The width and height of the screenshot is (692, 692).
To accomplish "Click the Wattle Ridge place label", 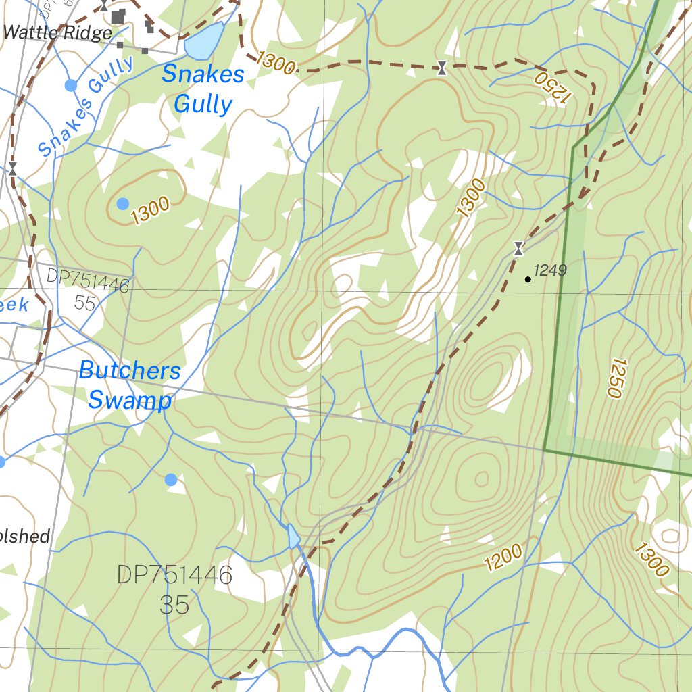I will [57, 32].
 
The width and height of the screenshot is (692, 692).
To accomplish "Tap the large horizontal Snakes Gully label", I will [203, 89].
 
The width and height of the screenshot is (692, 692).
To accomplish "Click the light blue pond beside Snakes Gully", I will [204, 41].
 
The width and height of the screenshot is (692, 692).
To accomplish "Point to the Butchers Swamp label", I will [130, 385].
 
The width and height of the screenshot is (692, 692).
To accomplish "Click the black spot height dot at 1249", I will [528, 279].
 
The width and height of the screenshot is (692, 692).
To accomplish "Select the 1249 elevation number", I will [549, 271].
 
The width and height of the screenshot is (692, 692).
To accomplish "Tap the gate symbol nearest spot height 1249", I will [518, 249].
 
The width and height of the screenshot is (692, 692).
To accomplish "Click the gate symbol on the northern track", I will [442, 68].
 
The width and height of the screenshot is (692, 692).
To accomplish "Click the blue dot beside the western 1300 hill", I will [122, 203].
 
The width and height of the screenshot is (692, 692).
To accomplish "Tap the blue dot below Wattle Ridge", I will [70, 85].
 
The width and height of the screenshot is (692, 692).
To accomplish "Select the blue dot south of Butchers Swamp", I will [171, 479].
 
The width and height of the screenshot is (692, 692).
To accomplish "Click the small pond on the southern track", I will [293, 537].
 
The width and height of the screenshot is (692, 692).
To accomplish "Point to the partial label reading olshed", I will [25, 537].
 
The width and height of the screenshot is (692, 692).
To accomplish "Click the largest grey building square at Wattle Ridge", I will [118, 16].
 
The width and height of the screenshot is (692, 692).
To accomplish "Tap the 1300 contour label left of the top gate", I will [276, 63].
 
